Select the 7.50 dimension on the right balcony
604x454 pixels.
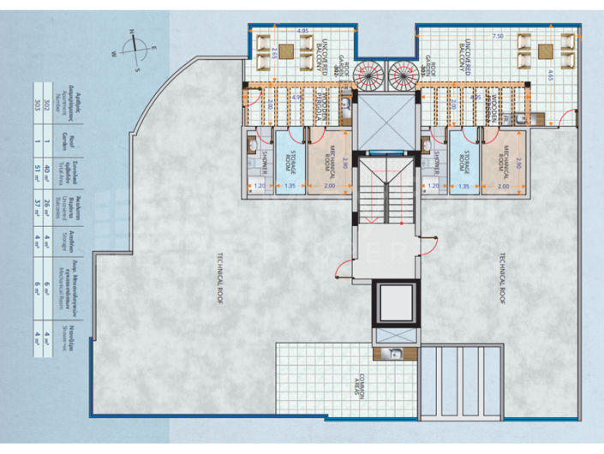(x=498, y=38)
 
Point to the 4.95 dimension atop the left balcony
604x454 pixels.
(x=302, y=31)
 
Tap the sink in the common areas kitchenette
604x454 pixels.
(x=396, y=354)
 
